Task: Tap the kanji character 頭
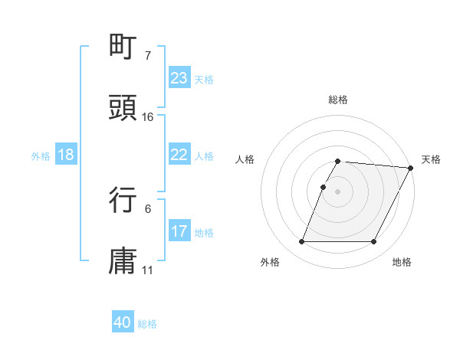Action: coord(123,107)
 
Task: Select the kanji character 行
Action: coord(123,199)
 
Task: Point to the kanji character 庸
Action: coord(123,260)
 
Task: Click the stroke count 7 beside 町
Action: coord(148,56)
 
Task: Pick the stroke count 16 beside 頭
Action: coord(148,116)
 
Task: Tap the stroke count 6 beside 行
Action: coord(148,208)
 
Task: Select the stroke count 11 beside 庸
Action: coord(148,270)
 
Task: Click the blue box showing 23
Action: coord(179,78)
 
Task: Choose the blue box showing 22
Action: coord(179,155)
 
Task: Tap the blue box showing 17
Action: coord(179,231)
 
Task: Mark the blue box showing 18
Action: coord(66,155)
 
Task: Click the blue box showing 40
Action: coord(123,323)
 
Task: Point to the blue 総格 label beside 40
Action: coord(148,324)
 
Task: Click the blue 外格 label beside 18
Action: coord(41,155)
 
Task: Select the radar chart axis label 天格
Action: coord(431,159)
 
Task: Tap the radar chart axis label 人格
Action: coord(245,159)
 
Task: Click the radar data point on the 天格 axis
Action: coord(411,168)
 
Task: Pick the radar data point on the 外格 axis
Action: coord(301,242)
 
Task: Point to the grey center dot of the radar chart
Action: coord(338,191)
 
